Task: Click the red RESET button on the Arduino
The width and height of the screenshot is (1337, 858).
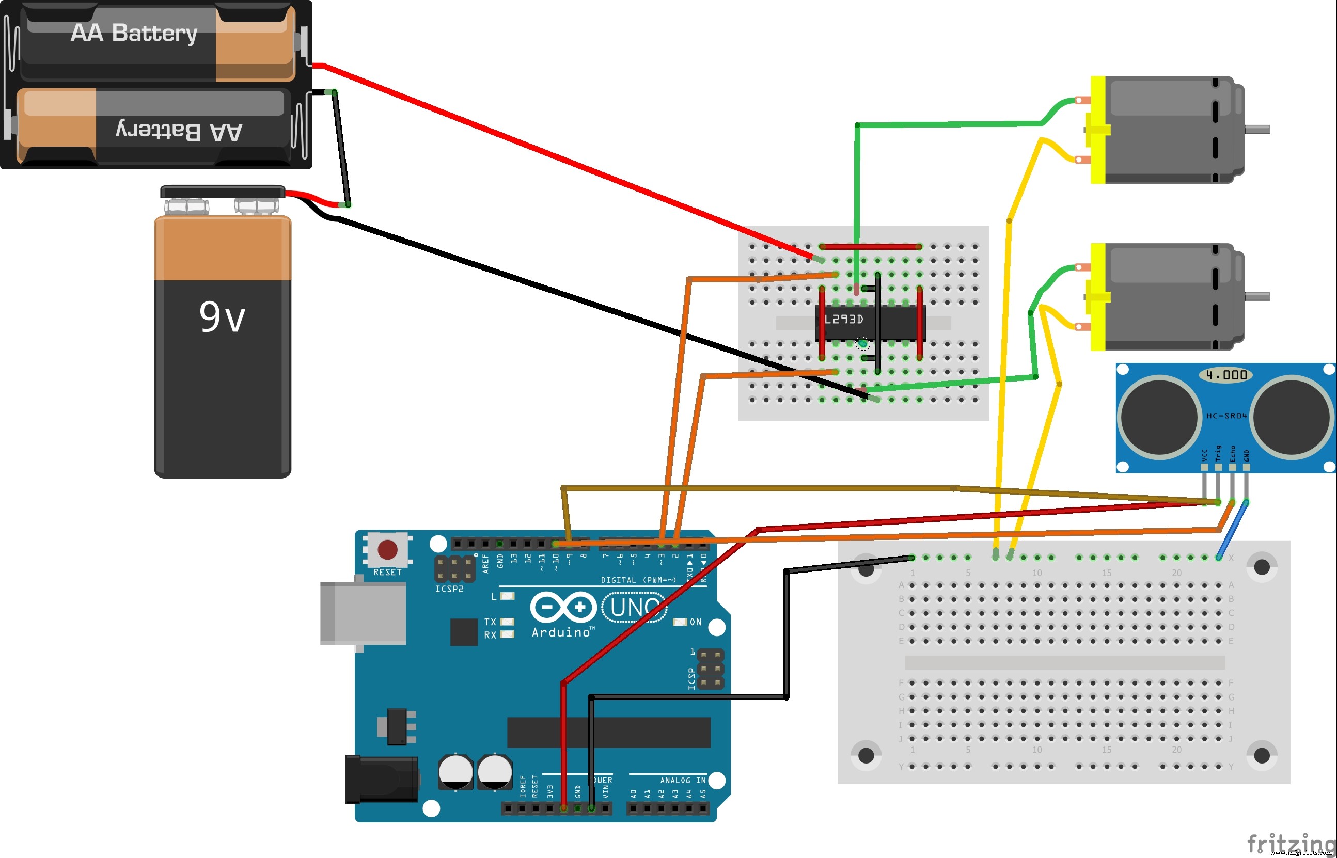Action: pyautogui.click(x=387, y=550)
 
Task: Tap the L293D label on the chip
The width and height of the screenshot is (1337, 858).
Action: pyautogui.click(x=843, y=319)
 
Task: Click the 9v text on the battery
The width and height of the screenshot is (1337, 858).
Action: pyautogui.click(x=222, y=317)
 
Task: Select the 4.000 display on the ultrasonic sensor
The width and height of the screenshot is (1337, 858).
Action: pyautogui.click(x=1225, y=375)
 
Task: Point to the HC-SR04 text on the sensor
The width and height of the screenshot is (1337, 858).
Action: pyautogui.click(x=1226, y=416)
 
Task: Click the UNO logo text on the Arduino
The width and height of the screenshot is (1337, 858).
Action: pyautogui.click(x=634, y=608)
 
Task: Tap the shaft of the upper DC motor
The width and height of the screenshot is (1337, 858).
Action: pyautogui.click(x=1257, y=129)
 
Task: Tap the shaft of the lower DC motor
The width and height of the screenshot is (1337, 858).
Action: pyautogui.click(x=1257, y=296)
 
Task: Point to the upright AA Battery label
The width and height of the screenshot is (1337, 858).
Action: pyautogui.click(x=134, y=33)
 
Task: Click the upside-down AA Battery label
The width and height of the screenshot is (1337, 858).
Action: pyautogui.click(x=178, y=132)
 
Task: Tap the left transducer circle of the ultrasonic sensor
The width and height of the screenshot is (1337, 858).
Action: pyautogui.click(x=1160, y=417)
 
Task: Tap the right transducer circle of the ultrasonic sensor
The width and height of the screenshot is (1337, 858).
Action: pyautogui.click(x=1293, y=417)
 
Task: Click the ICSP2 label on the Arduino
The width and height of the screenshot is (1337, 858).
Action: pyautogui.click(x=449, y=589)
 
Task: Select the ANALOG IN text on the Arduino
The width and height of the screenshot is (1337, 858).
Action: pyautogui.click(x=683, y=781)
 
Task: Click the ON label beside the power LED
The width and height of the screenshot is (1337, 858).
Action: pyautogui.click(x=696, y=622)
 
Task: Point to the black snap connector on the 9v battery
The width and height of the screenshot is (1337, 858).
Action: pyautogui.click(x=223, y=192)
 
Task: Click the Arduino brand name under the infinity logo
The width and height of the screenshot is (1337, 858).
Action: pyautogui.click(x=561, y=632)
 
